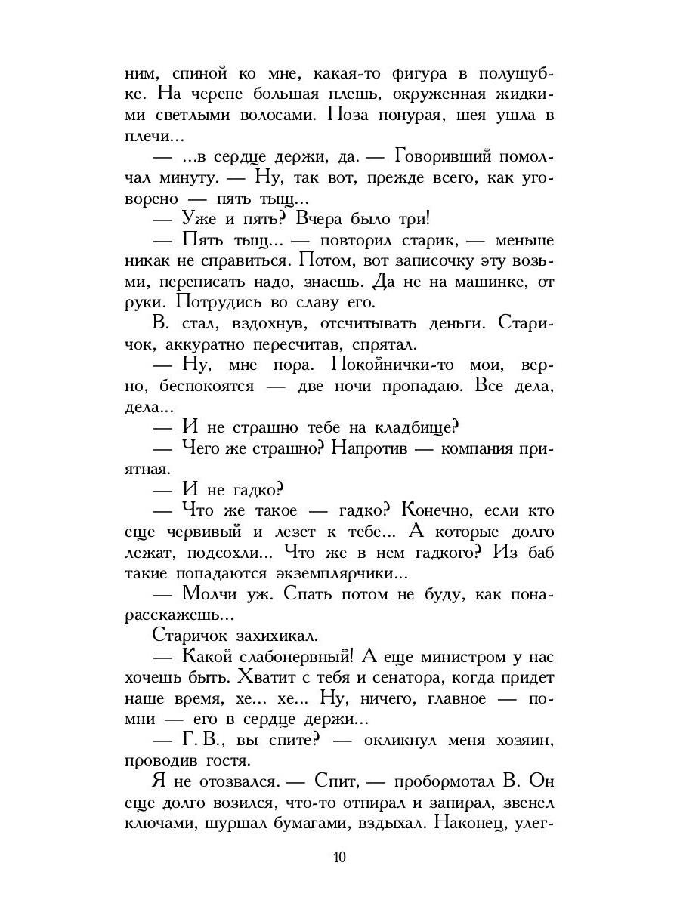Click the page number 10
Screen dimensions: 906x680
(x=339, y=858)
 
